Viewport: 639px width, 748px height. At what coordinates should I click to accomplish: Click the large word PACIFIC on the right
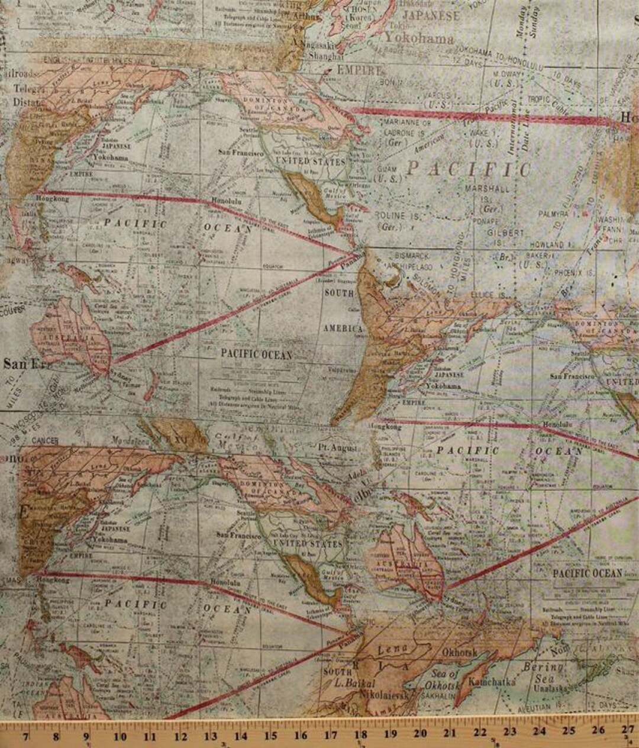[468, 169]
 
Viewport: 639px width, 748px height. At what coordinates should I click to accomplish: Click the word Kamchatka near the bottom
[492, 681]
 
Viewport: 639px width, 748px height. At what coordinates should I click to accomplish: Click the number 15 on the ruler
[270, 736]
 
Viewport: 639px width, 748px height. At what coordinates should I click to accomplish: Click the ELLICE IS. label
[488, 295]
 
